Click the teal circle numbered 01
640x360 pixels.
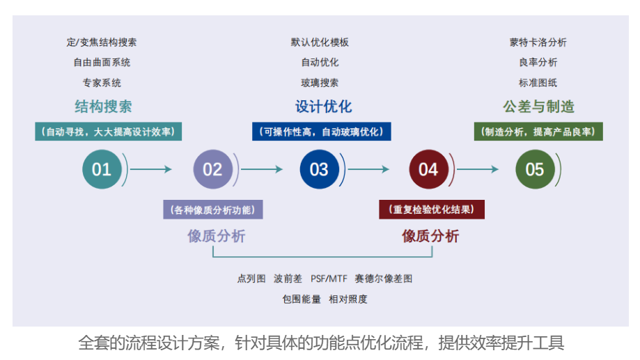point(102,169)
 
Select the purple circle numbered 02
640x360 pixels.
point(212,169)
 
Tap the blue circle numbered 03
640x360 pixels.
point(319,169)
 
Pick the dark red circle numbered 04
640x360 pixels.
point(428,169)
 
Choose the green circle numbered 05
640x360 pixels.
point(535,169)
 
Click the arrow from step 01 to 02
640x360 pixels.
point(151,169)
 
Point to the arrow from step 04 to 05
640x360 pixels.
point(478,169)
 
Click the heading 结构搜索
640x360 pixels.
point(103,107)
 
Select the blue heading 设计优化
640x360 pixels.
point(323,107)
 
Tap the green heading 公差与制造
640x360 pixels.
point(538,107)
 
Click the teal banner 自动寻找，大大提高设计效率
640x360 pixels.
point(108,132)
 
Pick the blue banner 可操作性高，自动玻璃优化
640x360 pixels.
point(322,132)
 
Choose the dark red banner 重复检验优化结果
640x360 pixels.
point(432,210)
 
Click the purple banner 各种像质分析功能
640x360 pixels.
point(213,210)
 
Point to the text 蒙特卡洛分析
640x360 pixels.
point(538,42)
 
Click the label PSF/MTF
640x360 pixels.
point(329,279)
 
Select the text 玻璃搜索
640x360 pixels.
point(320,83)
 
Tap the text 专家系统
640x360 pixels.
point(102,83)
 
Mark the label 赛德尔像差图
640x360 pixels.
point(383,279)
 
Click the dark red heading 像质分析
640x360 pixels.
point(430,236)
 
